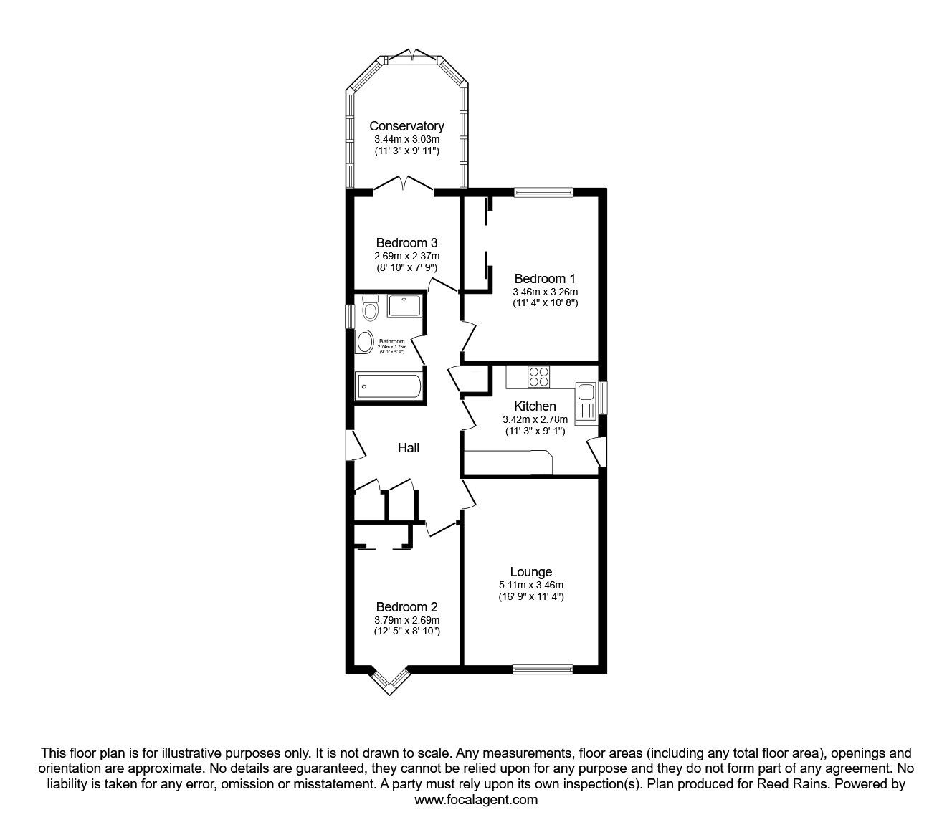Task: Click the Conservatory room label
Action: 406,126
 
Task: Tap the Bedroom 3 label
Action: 406,243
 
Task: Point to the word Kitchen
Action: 535,406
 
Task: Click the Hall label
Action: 409,448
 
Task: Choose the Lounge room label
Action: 531,572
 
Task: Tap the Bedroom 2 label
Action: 406,606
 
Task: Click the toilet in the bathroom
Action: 371,309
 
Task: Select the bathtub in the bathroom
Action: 389,386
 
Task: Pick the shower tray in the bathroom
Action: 404,306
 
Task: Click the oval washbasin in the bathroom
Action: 365,341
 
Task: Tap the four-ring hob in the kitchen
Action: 538,376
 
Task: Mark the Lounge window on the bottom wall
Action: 543,670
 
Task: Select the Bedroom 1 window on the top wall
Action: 543,191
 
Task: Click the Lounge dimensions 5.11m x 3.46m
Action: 531,585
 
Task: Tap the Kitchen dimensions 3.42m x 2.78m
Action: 535,419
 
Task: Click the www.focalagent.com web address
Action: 476,800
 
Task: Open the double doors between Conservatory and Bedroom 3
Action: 404,185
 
